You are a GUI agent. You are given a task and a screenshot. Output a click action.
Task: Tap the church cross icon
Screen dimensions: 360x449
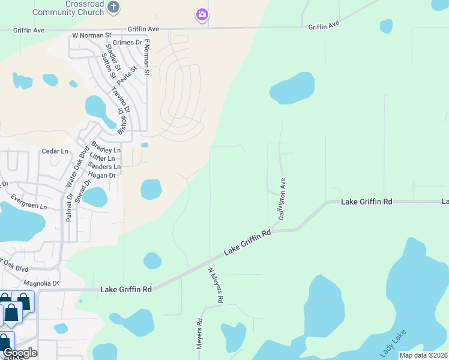click(x=114, y=7)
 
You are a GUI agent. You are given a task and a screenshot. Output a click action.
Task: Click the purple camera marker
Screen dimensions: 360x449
click(x=202, y=14)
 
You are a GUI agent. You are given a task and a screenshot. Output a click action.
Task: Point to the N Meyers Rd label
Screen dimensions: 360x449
click(x=215, y=285)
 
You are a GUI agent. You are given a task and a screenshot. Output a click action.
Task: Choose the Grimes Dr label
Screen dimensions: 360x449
click(x=130, y=43)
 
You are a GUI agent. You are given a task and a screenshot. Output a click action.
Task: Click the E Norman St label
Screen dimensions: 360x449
click(x=146, y=58)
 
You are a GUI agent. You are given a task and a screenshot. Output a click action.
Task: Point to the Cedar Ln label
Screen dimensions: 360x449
click(x=56, y=152)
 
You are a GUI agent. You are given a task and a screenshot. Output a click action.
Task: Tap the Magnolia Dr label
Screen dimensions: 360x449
click(x=41, y=283)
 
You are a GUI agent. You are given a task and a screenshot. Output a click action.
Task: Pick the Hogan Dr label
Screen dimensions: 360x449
click(x=101, y=175)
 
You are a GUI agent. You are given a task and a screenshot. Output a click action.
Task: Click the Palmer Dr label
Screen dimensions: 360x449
click(x=70, y=208)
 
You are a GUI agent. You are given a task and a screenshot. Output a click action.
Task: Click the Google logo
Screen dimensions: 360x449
click(x=20, y=353)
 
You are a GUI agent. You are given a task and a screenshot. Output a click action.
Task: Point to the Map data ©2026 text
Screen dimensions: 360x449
click(x=424, y=355)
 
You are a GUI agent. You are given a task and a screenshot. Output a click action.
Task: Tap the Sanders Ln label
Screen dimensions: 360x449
click(x=104, y=166)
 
